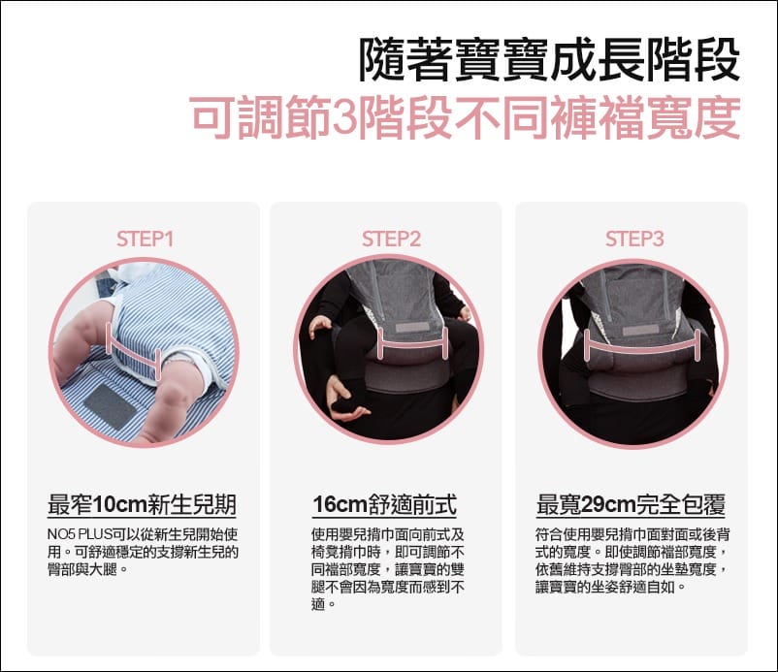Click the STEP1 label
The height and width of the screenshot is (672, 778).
(x=145, y=240)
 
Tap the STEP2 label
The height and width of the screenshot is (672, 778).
(x=391, y=240)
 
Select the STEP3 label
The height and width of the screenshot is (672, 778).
(x=634, y=240)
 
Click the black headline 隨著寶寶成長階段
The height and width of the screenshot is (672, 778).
(x=549, y=59)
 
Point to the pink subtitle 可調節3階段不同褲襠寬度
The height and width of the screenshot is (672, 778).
(x=465, y=117)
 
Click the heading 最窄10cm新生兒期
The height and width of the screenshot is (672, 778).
(x=142, y=505)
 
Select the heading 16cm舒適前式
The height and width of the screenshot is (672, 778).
(x=384, y=505)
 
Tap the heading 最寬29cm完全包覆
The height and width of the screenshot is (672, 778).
(x=631, y=505)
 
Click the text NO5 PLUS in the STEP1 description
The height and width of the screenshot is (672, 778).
(x=80, y=534)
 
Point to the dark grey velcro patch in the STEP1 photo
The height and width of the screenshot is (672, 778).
(x=110, y=406)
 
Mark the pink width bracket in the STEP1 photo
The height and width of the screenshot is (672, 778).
(x=134, y=350)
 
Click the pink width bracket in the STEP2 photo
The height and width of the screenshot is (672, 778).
(x=413, y=343)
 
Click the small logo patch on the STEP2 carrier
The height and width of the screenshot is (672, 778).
(x=413, y=328)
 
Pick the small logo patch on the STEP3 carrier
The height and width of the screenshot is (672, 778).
(x=640, y=330)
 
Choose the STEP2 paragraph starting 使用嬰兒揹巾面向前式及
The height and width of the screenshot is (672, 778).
(x=388, y=569)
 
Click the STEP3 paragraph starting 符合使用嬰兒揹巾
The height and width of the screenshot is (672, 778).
(x=632, y=560)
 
